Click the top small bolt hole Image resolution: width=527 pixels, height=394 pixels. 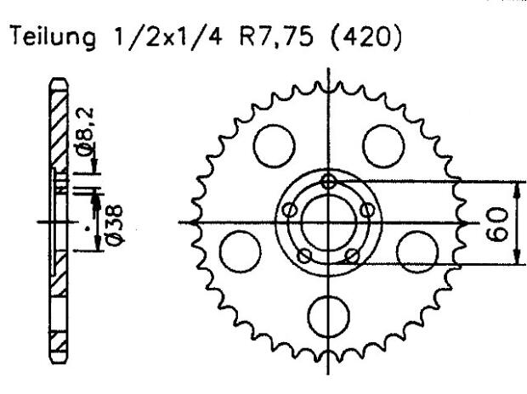(x=329, y=180)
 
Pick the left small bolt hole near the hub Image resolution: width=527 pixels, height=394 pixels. (x=289, y=210)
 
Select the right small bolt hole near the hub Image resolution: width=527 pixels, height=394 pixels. (x=368, y=210)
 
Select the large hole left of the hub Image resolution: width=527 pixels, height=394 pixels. (x=239, y=250)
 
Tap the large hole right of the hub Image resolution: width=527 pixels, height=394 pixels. (x=417, y=250)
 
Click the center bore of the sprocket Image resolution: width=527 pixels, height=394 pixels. (x=329, y=222)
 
